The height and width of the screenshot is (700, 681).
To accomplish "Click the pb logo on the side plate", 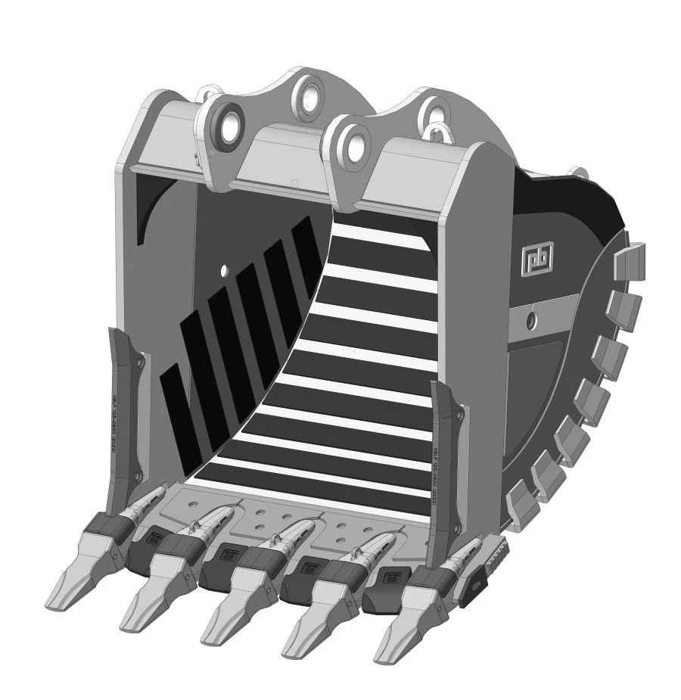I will coord(536,258).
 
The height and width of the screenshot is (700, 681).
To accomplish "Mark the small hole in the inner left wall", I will coord(225,269).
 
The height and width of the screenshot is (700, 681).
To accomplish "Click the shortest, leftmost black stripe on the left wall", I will coord(176,409).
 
